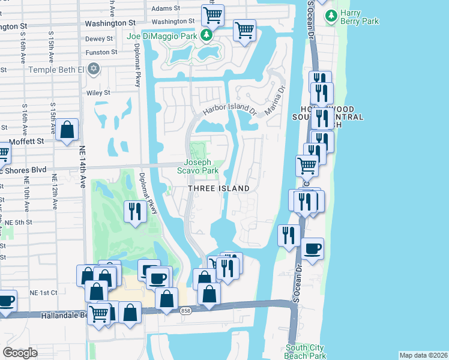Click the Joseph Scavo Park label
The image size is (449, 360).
(x=197, y=166)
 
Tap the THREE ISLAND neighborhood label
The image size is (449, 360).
(x=219, y=188)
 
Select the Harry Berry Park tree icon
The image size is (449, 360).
(x=330, y=16)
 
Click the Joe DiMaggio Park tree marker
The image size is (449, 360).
(x=206, y=36)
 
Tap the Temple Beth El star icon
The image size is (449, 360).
(x=92, y=70)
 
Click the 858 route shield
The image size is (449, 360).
(x=185, y=310)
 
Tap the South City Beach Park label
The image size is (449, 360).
(x=305, y=352)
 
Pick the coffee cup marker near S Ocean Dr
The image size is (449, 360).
(x=312, y=248)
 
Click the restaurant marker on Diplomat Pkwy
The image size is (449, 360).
(x=134, y=211)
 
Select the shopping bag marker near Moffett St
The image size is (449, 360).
(x=67, y=129)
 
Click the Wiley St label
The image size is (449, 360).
(x=98, y=93)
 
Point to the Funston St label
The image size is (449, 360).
(x=101, y=52)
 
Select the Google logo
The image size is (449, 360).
(x=20, y=353)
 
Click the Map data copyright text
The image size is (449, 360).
(x=423, y=355)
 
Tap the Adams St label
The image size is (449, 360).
(x=166, y=8)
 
